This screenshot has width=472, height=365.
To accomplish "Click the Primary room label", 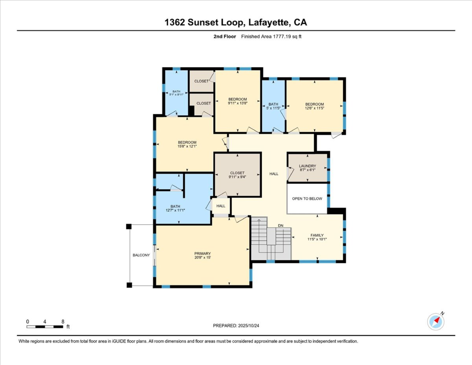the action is pyautogui.click(x=202, y=253).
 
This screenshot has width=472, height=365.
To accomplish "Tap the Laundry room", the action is pyautogui.click(x=308, y=168).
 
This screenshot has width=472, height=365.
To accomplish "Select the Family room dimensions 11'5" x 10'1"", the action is pyautogui.click(x=317, y=239).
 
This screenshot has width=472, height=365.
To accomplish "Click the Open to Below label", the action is pyautogui.click(x=307, y=198).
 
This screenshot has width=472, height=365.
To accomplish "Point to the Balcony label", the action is pyautogui.click(x=141, y=255).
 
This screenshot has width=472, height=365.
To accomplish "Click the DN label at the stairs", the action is pyautogui.click(x=281, y=226).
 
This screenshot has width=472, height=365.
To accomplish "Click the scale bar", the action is pyautogui.click(x=45, y=327).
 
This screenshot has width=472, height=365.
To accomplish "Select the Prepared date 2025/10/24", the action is pyautogui.click(x=248, y=326).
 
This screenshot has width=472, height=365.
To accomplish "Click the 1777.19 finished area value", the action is pyautogui.click(x=282, y=37).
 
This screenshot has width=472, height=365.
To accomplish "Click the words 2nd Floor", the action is pyautogui.click(x=224, y=37).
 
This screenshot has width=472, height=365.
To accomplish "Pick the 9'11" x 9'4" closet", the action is pyautogui.click(x=238, y=175).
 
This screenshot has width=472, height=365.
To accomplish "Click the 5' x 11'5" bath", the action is pyautogui.click(x=273, y=106).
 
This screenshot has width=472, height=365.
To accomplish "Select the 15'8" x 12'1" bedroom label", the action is pyautogui.click(x=187, y=144).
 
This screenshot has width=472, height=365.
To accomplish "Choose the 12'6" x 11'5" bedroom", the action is pyautogui.click(x=314, y=106).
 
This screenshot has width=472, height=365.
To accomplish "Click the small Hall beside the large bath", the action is pyautogui.click(x=221, y=206).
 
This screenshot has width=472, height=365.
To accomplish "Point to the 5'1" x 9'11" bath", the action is pyautogui.click(x=176, y=93).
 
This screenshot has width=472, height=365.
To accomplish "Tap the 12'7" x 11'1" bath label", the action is pyautogui.click(x=175, y=208).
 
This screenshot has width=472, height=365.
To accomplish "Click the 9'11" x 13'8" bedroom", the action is pyautogui.click(x=238, y=101).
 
